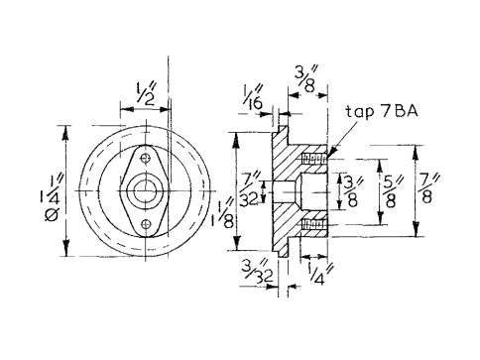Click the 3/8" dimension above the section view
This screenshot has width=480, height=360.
304,75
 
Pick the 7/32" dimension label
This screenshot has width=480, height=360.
252,189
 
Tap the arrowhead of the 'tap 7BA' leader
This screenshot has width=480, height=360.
328,154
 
